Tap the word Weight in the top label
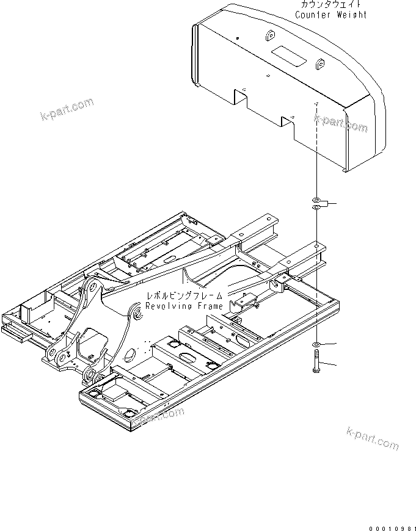tap(352, 14)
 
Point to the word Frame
tap(210, 305)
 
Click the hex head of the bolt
tap(316, 358)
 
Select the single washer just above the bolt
tap(316, 346)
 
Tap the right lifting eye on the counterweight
tap(318, 62)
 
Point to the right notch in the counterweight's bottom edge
tap(289, 121)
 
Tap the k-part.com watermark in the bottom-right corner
tap(373, 439)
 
